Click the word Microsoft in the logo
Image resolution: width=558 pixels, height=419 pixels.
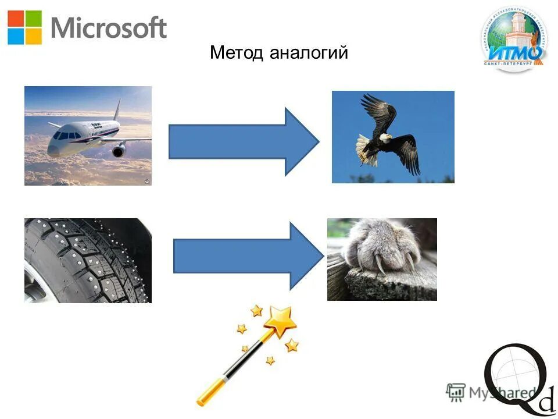109,27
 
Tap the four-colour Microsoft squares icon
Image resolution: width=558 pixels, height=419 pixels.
25,27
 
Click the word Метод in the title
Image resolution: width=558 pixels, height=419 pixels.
237,53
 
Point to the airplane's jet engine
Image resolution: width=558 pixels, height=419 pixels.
119,151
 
